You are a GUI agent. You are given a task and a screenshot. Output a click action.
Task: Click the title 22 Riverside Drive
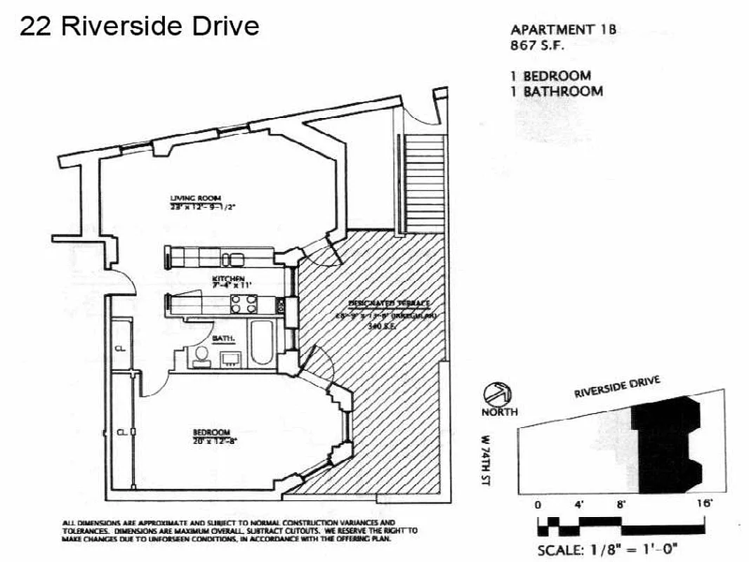click(139, 26)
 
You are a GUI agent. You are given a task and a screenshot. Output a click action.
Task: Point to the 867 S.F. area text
click(538, 46)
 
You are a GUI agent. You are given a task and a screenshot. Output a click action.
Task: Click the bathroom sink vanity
click(230, 360)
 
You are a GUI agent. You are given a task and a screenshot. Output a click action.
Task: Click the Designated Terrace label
click(389, 303)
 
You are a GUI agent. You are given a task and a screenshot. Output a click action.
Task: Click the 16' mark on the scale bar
click(704, 503)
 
